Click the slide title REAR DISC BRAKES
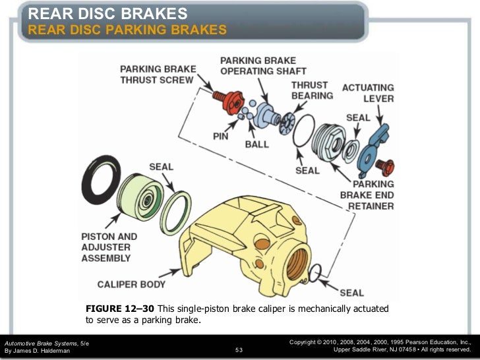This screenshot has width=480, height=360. point(108,13)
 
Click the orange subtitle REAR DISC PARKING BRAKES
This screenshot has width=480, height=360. point(127,30)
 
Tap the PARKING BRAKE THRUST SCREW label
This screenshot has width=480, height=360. point(157,74)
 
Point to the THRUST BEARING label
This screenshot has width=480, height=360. point(313,90)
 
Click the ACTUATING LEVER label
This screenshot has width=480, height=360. point(368,93)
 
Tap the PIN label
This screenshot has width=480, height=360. point(220,136)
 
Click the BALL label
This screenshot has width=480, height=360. point(256,144)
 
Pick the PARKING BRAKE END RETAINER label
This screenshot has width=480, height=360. point(367,195)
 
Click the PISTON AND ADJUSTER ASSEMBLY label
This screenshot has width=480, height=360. point(109,247)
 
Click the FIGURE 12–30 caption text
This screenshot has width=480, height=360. point(237,315)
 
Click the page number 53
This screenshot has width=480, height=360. point(239,349)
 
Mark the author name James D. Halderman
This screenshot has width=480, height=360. point(37,351)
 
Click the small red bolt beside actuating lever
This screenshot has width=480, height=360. point(388,164)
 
